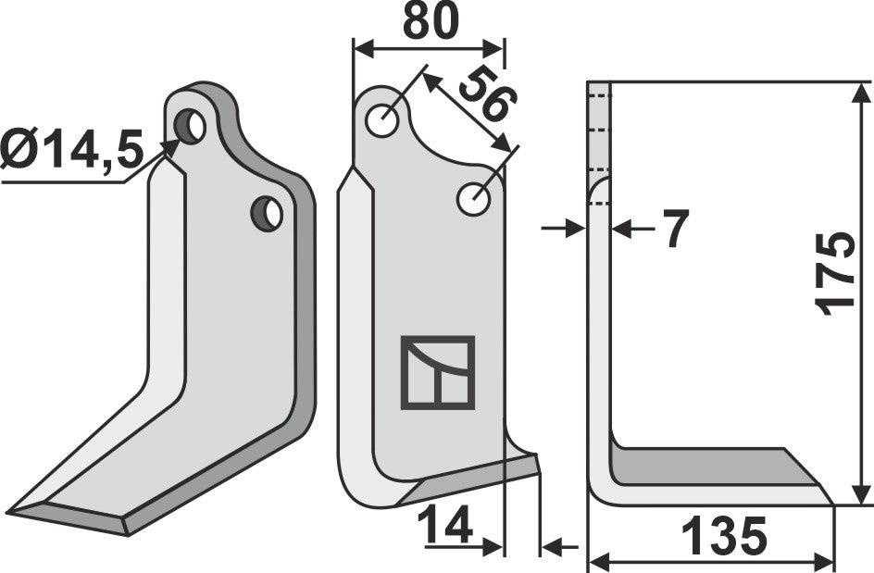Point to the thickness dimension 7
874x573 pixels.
pyautogui.click(x=675, y=229)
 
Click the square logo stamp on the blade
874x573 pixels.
pyautogui.click(x=437, y=372)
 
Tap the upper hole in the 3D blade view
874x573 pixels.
pyautogui.click(x=191, y=126)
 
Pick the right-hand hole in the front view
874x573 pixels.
pyautogui.click(x=474, y=197)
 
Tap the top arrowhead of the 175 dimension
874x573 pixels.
pyautogui.click(x=861, y=91)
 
